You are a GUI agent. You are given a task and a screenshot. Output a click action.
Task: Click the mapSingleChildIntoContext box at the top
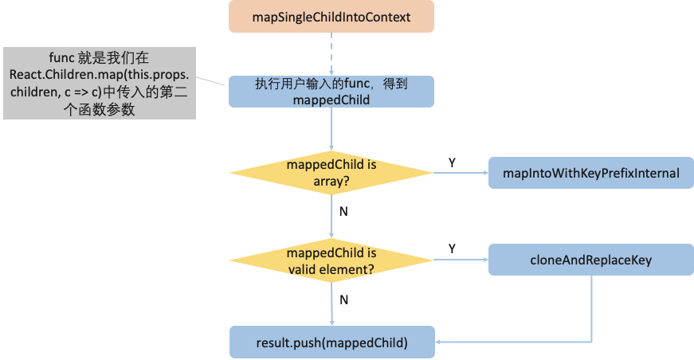pyautogui.click(x=331, y=17)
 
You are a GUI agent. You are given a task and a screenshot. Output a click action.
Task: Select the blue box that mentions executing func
pyautogui.click(x=331, y=92)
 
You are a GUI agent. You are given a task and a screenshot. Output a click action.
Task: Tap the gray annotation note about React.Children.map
pyautogui.click(x=99, y=83)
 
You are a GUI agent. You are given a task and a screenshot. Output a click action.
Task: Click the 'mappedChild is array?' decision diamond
pyautogui.click(x=331, y=173)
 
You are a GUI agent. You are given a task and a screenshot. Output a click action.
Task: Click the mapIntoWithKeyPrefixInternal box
pyautogui.click(x=590, y=173)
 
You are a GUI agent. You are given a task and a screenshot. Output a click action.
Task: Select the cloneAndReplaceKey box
pyautogui.click(x=590, y=260)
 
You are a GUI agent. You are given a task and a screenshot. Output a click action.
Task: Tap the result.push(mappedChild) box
pyautogui.click(x=331, y=342)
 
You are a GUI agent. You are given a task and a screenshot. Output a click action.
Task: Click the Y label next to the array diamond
pyautogui.click(x=452, y=162)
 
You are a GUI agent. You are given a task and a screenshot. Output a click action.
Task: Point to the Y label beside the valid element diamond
pyautogui.click(x=452, y=249)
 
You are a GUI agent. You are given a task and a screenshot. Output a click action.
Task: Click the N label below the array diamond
pyautogui.click(x=343, y=213)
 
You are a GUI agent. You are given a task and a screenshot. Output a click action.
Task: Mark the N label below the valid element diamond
pyautogui.click(x=343, y=299)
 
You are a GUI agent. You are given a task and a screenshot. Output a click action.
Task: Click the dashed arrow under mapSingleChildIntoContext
pyautogui.click(x=331, y=53)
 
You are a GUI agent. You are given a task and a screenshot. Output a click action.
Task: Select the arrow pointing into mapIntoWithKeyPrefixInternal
pyautogui.click(x=461, y=173)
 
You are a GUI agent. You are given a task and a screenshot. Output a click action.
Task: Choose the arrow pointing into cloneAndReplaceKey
pyautogui.click(x=461, y=260)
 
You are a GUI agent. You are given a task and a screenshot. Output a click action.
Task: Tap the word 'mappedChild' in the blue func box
pyautogui.click(x=331, y=100)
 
